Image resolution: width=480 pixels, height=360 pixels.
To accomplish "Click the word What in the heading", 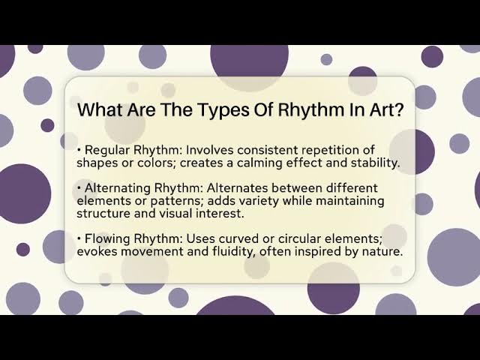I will point(101,110).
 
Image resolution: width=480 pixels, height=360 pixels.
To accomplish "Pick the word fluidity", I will point(230,251).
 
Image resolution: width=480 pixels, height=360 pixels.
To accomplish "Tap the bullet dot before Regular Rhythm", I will point(79,151).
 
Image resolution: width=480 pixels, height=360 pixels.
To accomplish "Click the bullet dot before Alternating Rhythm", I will point(79,188).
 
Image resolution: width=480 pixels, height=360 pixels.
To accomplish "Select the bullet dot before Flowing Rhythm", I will point(79,239).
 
